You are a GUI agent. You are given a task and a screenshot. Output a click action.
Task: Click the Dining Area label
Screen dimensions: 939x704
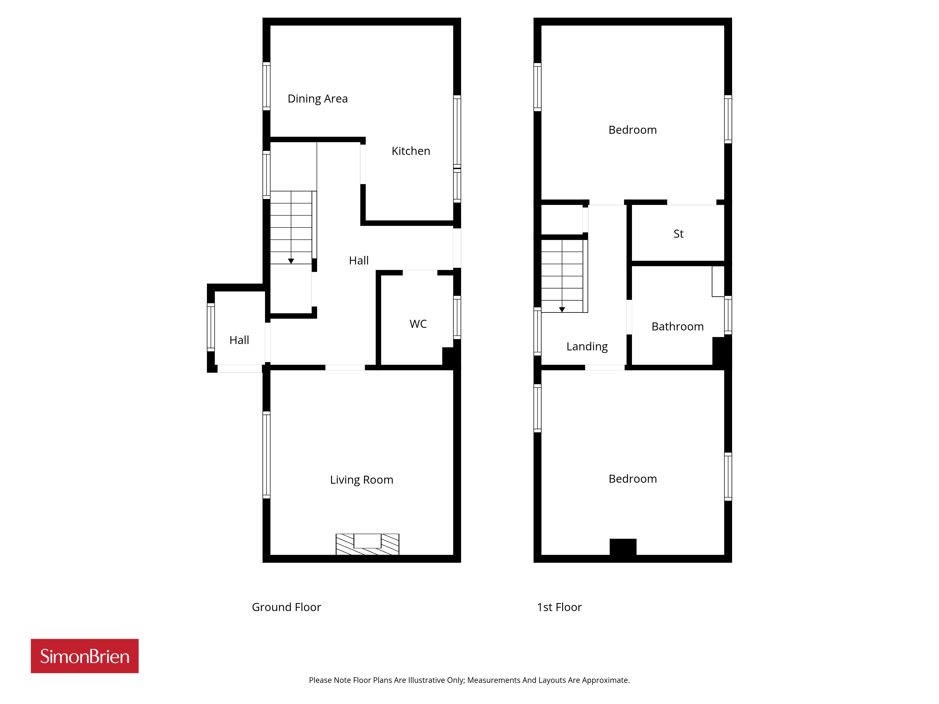[318, 99]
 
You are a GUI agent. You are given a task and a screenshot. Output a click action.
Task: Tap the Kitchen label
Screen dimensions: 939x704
[411, 151]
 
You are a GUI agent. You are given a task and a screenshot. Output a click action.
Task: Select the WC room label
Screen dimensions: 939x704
[418, 324]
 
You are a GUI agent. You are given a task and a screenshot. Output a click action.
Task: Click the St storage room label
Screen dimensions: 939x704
[678, 234]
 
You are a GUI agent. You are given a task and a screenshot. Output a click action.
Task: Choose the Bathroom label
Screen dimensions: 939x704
[677, 327]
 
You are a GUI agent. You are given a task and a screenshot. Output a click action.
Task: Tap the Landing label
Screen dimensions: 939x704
[587, 347]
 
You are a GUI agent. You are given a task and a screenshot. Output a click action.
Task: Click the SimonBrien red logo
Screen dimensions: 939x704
[85, 656]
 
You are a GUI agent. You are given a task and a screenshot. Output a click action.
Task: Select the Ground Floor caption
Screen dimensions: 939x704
[287, 607]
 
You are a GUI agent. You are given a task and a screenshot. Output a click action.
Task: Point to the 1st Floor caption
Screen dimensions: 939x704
[559, 607]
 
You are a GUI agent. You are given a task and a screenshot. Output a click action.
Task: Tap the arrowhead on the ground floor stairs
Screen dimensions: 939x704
[291, 261]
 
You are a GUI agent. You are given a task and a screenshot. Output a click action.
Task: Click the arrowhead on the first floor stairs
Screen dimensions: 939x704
[562, 310]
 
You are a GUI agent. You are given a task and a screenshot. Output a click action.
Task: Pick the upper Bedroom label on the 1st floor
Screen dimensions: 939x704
[632, 130]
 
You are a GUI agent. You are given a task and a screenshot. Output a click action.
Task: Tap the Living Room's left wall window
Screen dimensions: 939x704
[267, 455]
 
